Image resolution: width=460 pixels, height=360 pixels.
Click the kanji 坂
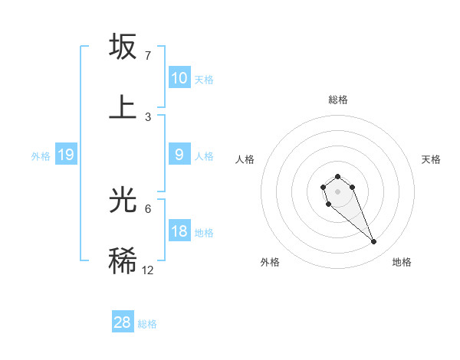[123, 47]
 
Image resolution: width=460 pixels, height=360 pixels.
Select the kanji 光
[123, 200]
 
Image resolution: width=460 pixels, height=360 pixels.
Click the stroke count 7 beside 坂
[148, 55]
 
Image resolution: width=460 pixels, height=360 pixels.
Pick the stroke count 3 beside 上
[148, 116]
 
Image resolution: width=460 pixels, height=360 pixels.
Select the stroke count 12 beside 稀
[148, 270]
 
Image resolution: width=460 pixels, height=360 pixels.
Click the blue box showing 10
[179, 78]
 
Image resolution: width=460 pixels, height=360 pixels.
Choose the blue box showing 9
[179, 155]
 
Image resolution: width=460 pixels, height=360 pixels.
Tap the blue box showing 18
[179, 231]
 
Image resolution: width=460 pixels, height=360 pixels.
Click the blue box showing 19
[65, 155]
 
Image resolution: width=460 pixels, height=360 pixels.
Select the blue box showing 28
[123, 322]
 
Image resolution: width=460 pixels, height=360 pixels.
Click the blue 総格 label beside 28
[147, 324]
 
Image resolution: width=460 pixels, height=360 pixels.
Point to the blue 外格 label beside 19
[41, 156]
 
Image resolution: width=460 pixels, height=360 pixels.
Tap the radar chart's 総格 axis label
[338, 100]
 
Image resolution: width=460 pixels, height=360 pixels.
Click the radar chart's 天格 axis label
[431, 159]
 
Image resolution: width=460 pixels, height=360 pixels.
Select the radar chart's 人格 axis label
[245, 159]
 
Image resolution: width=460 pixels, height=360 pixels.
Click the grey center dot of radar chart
[337, 190]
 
